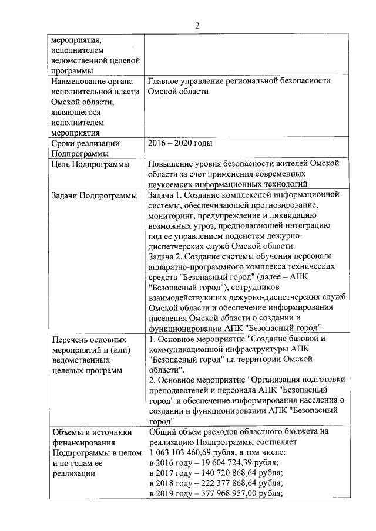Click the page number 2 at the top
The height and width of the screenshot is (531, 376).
click(197, 26)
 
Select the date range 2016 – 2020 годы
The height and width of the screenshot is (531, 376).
click(180, 143)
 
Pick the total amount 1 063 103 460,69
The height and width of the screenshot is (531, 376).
click(192, 452)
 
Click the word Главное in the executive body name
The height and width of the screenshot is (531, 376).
click(166, 80)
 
